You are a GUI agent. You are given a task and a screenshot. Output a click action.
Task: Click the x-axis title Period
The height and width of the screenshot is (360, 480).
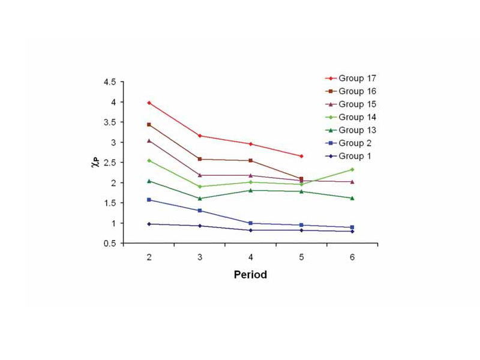pos(250,275)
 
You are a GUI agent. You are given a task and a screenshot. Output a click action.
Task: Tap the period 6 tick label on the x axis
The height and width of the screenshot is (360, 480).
pos(352,256)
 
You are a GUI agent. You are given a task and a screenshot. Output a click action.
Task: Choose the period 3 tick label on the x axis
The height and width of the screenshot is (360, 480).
pos(199,256)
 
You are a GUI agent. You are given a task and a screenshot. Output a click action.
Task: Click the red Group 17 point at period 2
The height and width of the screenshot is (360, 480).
pos(148,103)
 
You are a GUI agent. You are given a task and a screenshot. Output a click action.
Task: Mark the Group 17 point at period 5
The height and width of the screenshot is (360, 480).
pos(301,156)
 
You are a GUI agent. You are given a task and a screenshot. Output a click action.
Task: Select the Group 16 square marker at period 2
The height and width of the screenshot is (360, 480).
pos(148,124)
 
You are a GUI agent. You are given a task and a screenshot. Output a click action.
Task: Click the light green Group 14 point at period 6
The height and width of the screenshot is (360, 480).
pos(352,169)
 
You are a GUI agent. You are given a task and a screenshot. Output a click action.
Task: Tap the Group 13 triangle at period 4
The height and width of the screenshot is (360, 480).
pos(250,190)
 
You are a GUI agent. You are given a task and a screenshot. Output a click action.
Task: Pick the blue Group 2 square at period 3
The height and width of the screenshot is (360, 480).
pos(199,211)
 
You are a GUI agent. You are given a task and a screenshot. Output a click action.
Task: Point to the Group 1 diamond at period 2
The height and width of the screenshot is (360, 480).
pos(148,224)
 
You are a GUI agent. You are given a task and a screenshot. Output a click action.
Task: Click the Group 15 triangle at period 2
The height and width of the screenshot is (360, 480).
pos(148,140)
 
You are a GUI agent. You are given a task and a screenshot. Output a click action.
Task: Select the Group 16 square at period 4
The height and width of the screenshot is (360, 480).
pos(250,160)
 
